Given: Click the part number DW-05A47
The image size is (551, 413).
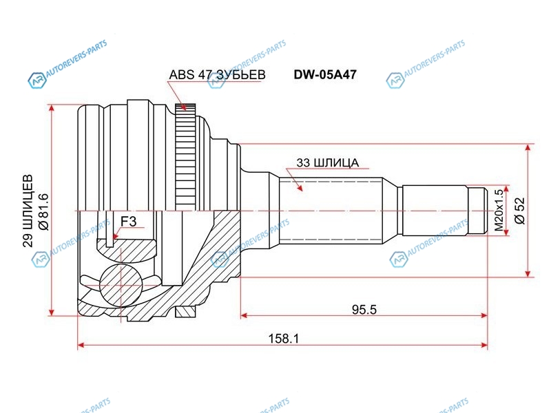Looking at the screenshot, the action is pos(325,74).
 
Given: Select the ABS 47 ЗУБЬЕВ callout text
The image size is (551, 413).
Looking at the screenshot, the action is pos(217,75).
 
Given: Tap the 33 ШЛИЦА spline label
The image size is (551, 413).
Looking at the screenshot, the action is pos(328,162).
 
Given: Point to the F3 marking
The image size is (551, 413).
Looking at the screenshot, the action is pos(128,221).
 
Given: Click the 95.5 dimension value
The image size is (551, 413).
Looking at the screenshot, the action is pos(364,309).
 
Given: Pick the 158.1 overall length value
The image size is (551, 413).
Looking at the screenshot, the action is pos(284,339).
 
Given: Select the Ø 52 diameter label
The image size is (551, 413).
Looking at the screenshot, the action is pos(520,211).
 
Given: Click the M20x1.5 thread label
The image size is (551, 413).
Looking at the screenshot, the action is pos(499,210).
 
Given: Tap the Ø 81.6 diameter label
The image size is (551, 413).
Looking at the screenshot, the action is pos(44,211).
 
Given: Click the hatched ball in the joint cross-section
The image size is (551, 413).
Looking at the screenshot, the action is pos(121,285).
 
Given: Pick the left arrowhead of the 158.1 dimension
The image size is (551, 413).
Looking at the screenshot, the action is pos(81,345).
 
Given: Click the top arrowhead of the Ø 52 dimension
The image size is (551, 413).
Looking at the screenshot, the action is pos(528,148).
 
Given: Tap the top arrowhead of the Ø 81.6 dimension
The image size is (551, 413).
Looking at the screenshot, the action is pos(52,108).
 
